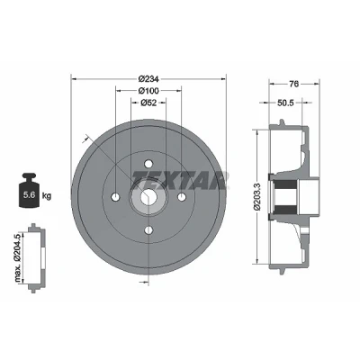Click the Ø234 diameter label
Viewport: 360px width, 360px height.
[x=148, y=79]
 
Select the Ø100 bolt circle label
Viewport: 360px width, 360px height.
[x=148, y=90]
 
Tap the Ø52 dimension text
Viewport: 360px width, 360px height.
[x=148, y=103]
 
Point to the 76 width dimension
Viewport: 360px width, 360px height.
[x=294, y=84]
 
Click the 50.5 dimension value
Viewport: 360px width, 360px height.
[x=285, y=103]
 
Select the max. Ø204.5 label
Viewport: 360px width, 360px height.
[x=19, y=257]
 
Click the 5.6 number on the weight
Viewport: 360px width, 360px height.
[x=30, y=195]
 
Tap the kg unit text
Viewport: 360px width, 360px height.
[x=47, y=196]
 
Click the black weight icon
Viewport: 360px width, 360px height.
[x=30, y=190]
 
